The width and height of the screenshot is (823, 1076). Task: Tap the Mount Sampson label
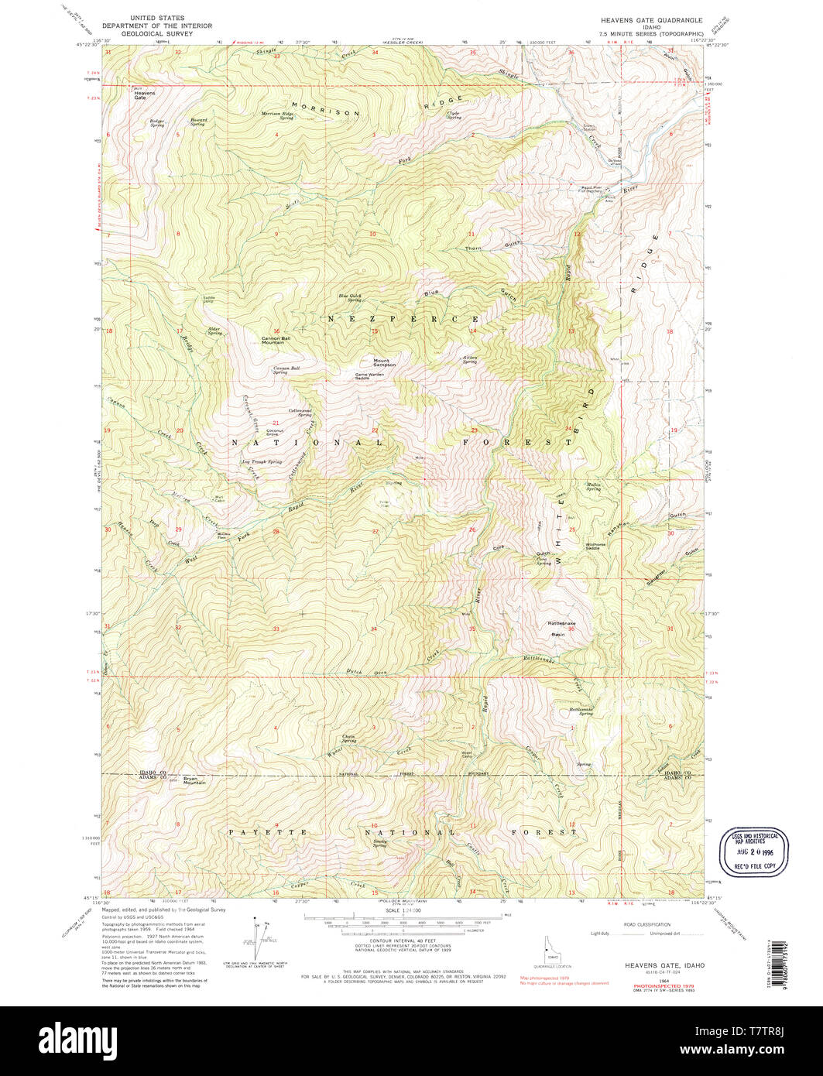[x=384, y=362]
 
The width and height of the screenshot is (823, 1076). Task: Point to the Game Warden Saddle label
[x=369, y=375]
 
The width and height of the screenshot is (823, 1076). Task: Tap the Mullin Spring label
[x=593, y=486]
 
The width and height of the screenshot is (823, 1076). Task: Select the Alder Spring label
[x=212, y=330]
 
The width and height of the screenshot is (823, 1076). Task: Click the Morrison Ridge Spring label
[x=277, y=115]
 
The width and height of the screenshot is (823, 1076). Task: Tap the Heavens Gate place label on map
[x=144, y=95]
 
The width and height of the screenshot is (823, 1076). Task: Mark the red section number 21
[x=276, y=423]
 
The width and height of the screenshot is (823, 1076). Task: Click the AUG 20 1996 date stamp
[x=753, y=850]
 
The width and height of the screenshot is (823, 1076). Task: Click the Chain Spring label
[x=349, y=738]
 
